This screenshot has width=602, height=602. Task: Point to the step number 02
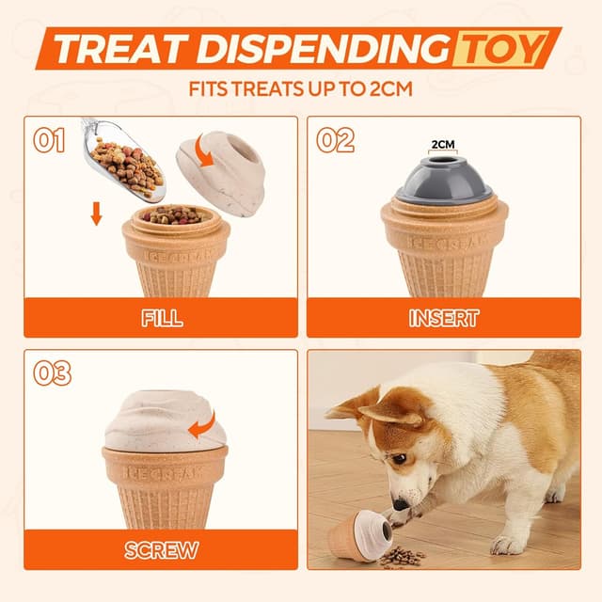pos(335,141)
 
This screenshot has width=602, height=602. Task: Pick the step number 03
pos(52,373)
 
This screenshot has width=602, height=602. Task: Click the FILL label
pos(162,317)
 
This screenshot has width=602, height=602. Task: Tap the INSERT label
pos(444,318)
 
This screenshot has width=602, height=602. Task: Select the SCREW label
pos(161,550)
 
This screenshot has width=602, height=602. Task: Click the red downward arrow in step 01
pos(96,214)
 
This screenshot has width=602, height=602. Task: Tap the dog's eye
pos(400,459)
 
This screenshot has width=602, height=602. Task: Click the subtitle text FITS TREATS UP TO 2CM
pos(301,92)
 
